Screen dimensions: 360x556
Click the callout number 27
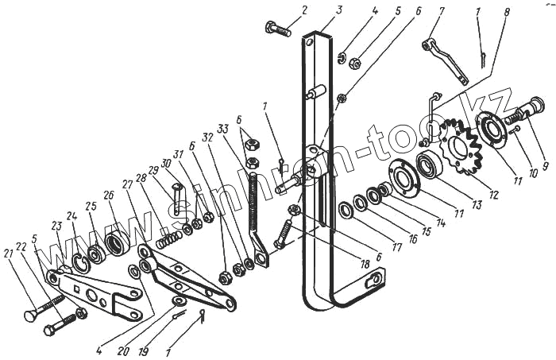pyautogui.click(x=128, y=184)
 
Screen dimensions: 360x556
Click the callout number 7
pyautogui.click(x=442, y=10)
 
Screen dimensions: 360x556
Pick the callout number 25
pyautogui.click(x=91, y=207)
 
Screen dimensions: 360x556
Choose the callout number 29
pyautogui.click(x=153, y=170)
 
